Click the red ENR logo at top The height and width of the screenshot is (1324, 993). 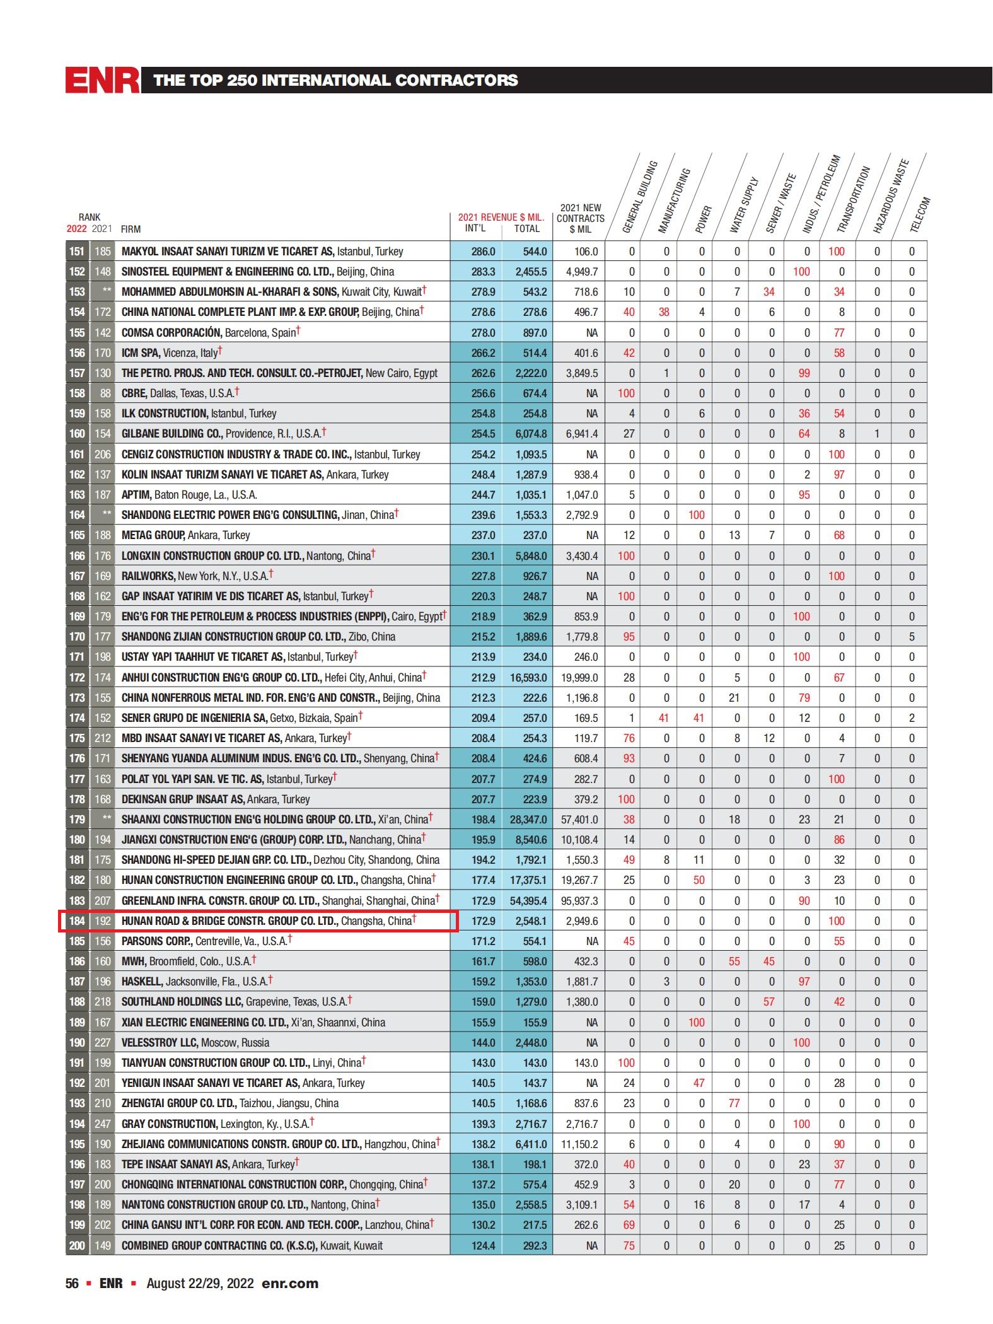103,80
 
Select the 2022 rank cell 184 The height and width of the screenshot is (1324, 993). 77,921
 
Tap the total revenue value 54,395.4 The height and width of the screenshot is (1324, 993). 528,901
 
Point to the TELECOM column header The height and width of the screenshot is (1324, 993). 920,215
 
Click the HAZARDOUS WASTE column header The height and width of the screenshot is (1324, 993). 890,197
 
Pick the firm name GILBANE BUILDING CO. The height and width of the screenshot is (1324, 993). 171,434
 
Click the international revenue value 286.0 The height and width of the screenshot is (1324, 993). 483,252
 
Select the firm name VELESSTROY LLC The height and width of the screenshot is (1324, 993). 160,1043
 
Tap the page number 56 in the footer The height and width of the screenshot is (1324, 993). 72,1284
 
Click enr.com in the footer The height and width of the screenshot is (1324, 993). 289,1284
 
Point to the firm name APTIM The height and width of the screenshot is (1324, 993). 136,495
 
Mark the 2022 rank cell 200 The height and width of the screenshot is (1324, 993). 77,1246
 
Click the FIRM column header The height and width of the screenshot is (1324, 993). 131,229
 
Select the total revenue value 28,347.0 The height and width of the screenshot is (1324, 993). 528,820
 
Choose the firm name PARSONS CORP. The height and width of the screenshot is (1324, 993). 156,941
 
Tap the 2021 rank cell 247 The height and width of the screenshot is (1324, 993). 102,1124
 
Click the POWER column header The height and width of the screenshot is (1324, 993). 703,219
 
